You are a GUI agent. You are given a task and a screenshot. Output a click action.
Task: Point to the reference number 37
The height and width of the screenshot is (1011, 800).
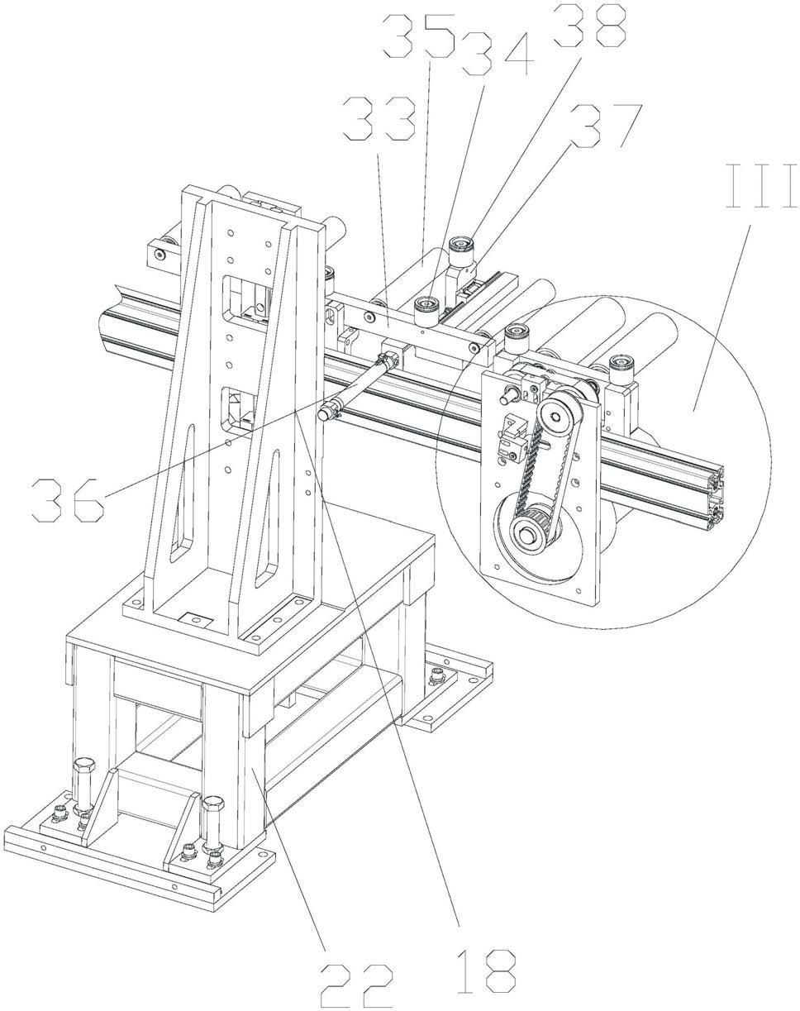(605, 125)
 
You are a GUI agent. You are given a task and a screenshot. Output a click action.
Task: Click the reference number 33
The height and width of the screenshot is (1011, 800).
(379, 118)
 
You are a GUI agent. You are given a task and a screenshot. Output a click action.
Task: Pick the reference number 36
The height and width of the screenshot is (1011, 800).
(68, 500)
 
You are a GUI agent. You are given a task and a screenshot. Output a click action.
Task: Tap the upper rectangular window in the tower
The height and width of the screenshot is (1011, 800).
(245, 300)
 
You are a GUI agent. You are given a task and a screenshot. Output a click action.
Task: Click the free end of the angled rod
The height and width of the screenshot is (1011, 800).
(325, 414)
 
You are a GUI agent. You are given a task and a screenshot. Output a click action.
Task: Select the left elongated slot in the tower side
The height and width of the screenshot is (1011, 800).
(183, 493)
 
